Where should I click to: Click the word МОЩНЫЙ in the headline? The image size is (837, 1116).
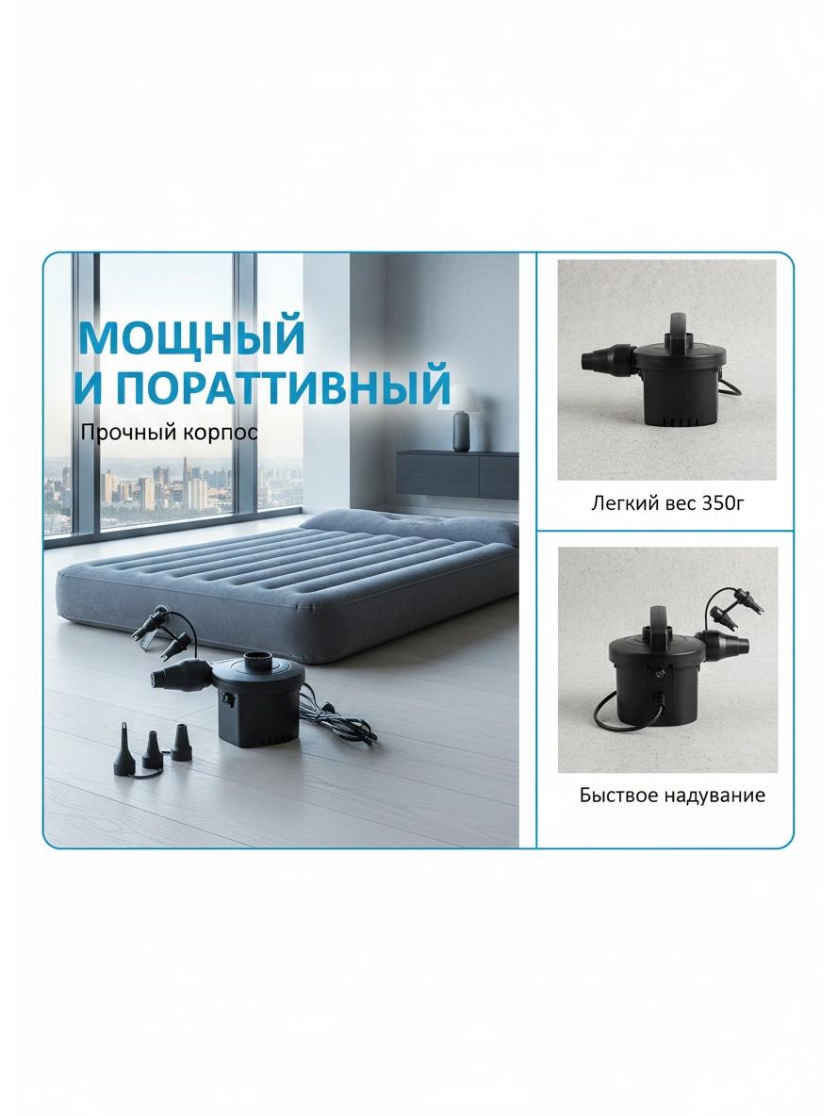point(190,337)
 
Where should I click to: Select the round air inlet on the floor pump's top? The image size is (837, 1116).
point(260,661)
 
